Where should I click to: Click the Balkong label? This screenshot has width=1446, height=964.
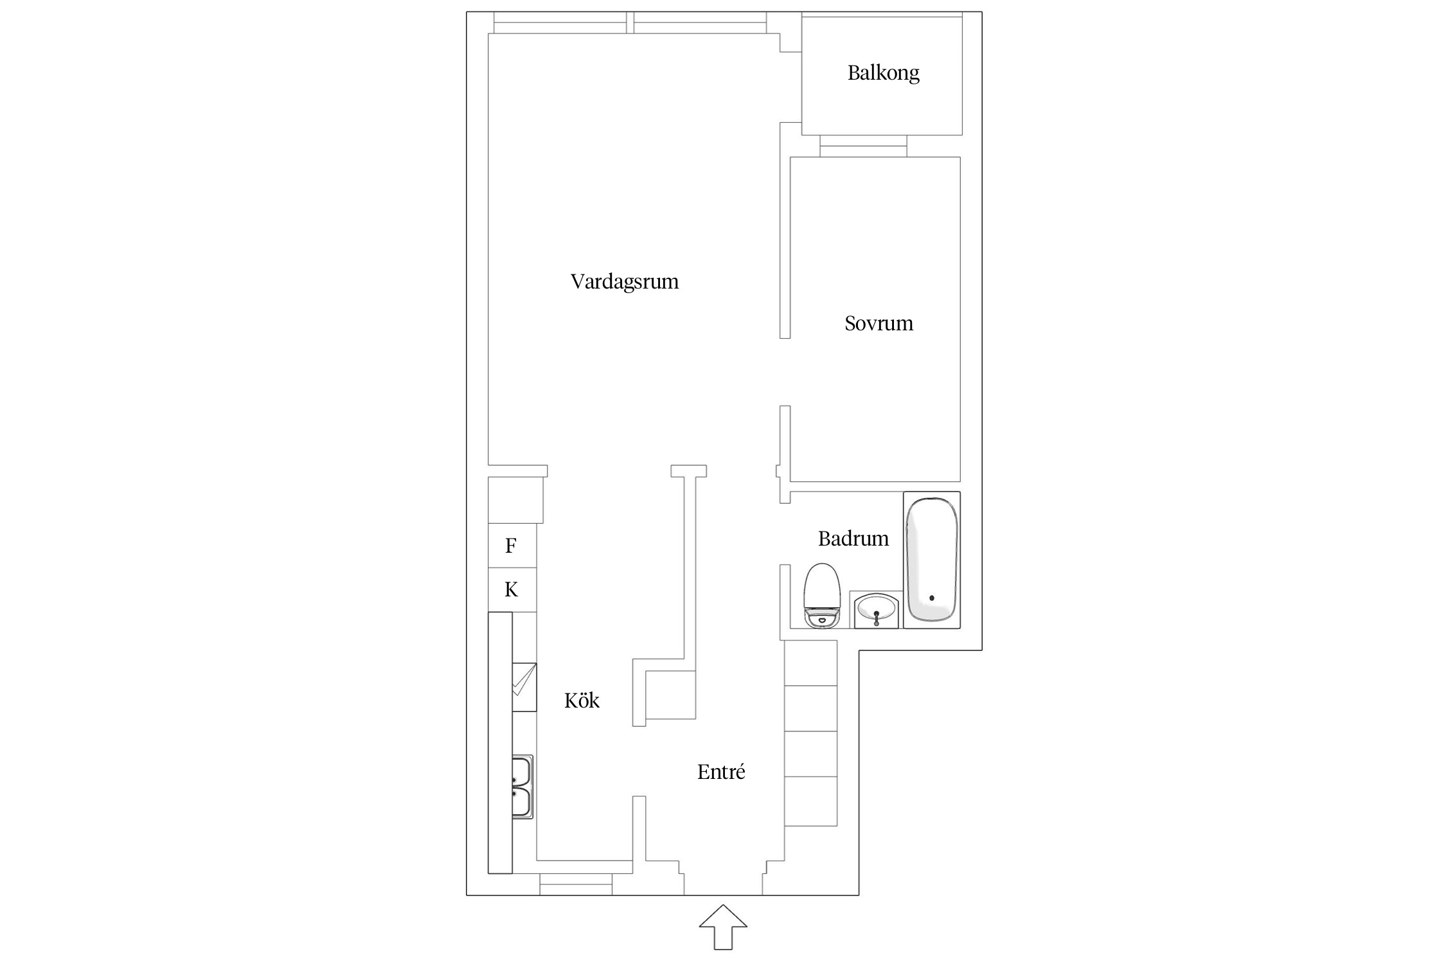point(883,73)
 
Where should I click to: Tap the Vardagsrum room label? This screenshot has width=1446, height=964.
point(625,281)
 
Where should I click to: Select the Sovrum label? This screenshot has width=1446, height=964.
point(879,323)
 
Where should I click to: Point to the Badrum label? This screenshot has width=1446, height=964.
point(853,538)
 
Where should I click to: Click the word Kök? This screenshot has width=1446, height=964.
point(582,700)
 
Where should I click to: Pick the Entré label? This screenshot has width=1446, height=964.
point(721,771)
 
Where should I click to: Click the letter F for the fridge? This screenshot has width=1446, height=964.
point(511,546)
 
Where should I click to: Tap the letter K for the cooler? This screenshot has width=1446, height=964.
point(511,589)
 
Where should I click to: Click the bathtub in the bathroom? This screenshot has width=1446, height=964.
point(932,560)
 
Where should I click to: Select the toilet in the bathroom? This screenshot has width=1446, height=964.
point(822,595)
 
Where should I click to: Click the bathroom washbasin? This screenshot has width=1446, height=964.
point(877,609)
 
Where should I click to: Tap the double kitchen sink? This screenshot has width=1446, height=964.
point(522,787)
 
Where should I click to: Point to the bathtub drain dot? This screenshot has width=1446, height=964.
point(932,598)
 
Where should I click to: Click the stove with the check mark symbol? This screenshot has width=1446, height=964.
point(524,687)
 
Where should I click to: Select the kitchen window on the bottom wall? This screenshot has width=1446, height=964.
point(576,884)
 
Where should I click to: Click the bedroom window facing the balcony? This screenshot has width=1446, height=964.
point(863,146)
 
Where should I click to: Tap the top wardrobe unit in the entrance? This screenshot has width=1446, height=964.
point(811,663)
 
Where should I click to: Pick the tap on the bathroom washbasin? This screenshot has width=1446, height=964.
point(877,618)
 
